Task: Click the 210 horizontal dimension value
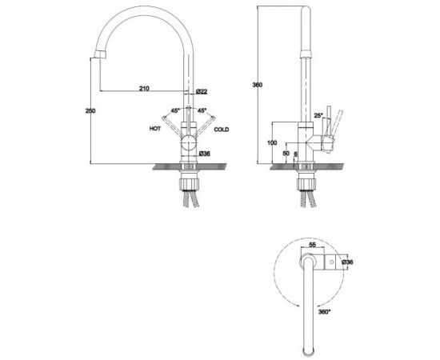tap(144, 88)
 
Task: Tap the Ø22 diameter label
tap(202, 91)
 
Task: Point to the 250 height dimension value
tap(90, 111)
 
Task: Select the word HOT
tap(155, 129)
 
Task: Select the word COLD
tap(222, 130)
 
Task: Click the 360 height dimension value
tap(258, 85)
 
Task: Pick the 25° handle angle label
tap(318, 115)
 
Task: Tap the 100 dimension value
tap(272, 143)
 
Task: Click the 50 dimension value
tap(286, 154)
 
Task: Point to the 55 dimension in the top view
tap(312, 245)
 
